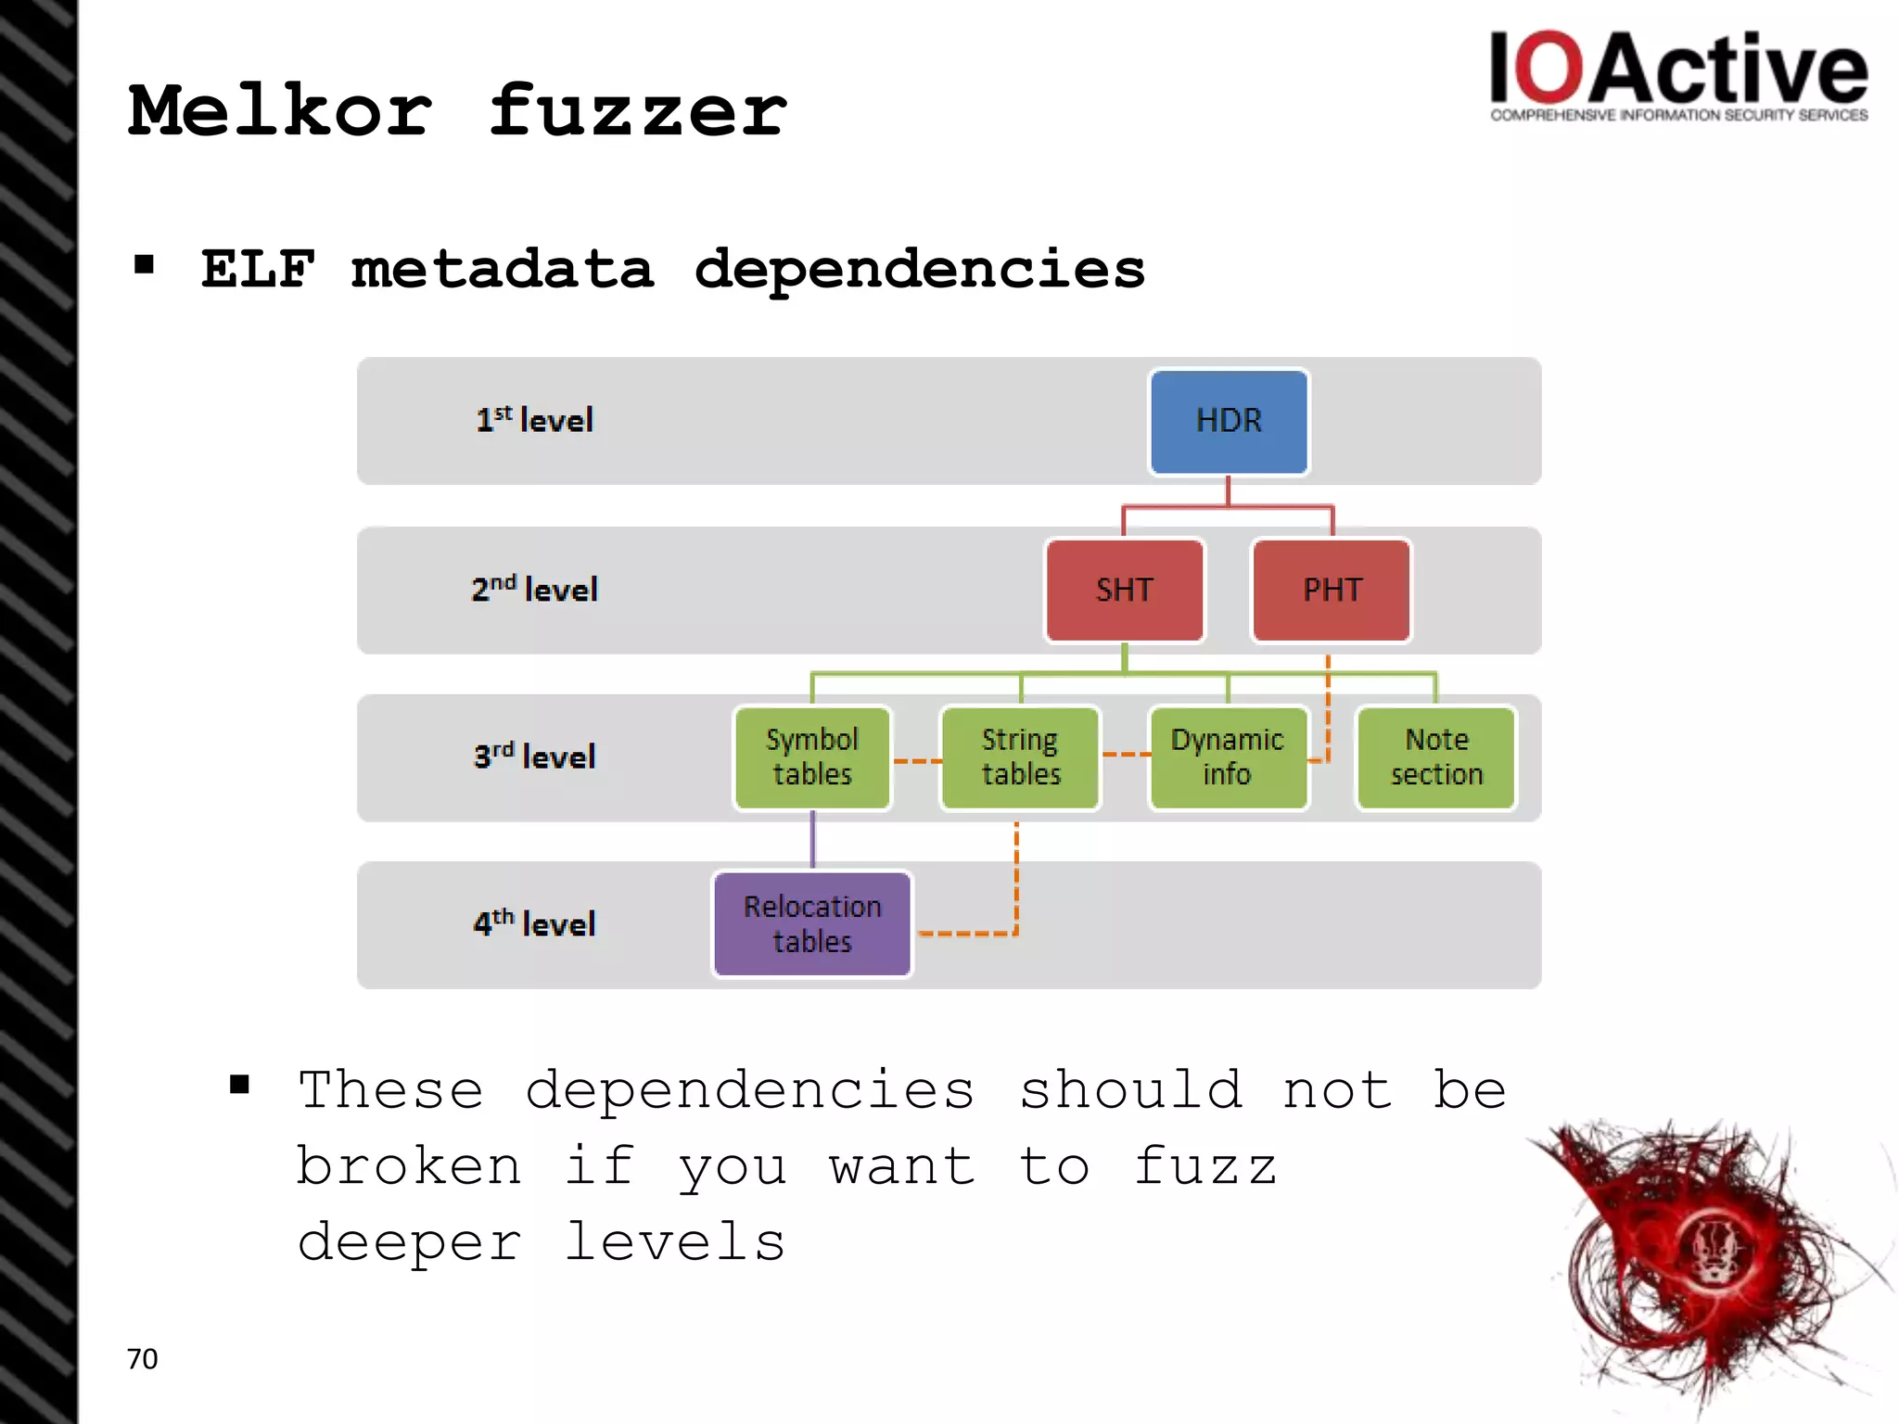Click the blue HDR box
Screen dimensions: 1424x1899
coord(1229,422)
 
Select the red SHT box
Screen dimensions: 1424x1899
coord(1125,591)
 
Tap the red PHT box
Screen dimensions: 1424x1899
coord(1332,591)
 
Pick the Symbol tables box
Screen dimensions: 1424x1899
coord(812,757)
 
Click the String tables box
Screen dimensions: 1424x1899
coord(1020,757)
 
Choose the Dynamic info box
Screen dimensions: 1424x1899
coord(1228,757)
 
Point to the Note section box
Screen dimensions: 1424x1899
coord(1436,757)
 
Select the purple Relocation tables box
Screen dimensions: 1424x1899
coord(812,924)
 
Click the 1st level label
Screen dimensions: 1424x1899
coord(534,420)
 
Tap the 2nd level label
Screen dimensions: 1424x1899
coord(534,589)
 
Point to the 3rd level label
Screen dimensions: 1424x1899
coord(534,756)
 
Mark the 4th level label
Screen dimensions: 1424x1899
coord(534,923)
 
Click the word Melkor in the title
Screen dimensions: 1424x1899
coord(280,111)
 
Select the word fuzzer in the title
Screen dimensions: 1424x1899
coord(638,111)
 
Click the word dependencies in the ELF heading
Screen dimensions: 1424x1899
coord(919,270)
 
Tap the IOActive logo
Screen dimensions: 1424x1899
coord(1678,74)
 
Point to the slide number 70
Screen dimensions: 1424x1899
coord(142,1359)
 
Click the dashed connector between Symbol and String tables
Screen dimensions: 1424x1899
coord(916,761)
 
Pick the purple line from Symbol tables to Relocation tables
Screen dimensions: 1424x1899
coord(813,840)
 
